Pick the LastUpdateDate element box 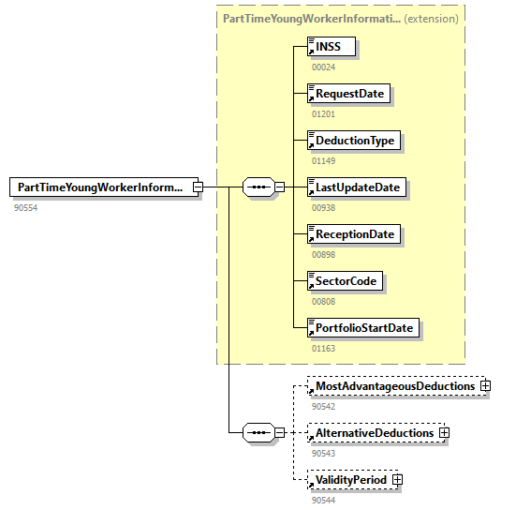[357, 187]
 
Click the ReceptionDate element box [355, 234]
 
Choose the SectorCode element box [346, 281]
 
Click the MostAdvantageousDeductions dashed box [394, 386]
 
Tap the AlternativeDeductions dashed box [374, 433]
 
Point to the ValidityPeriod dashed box [350, 480]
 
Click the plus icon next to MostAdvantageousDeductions [486, 386]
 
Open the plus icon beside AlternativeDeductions [444, 433]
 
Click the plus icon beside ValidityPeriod [398, 480]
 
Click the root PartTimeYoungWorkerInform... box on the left [101, 187]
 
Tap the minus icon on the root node [198, 187]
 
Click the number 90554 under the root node [26, 207]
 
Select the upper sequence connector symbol [258, 187]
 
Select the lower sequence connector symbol [258, 433]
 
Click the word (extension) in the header [432, 18]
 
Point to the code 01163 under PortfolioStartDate [324, 348]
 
